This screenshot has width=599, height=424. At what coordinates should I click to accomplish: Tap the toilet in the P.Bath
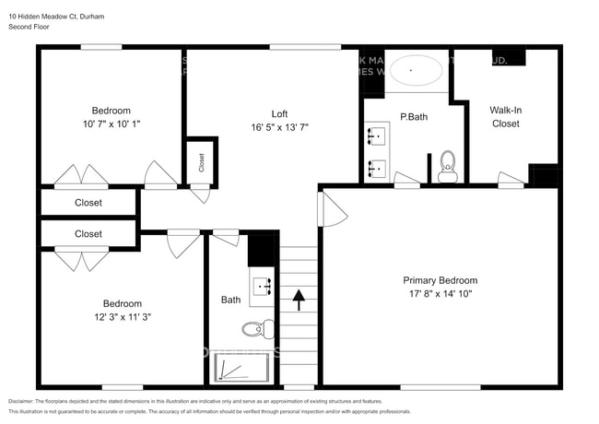[448, 165]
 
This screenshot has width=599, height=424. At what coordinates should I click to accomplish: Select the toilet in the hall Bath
[257, 328]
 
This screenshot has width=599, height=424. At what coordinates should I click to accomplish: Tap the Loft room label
[278, 114]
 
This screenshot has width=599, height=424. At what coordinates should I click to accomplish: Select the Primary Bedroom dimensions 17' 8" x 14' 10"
[440, 293]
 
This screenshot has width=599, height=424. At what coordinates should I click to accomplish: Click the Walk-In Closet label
[505, 116]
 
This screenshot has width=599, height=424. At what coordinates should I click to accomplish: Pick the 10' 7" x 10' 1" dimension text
[110, 123]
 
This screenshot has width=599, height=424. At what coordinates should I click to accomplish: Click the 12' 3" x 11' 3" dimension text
[122, 316]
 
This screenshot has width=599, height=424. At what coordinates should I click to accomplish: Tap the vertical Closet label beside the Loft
[202, 161]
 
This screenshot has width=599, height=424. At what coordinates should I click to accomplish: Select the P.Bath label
[413, 117]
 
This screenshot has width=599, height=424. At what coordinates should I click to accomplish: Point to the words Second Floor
[29, 28]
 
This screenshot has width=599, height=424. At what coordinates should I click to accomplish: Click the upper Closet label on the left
[88, 203]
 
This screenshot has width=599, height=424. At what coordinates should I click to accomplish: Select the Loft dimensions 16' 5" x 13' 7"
[278, 127]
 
